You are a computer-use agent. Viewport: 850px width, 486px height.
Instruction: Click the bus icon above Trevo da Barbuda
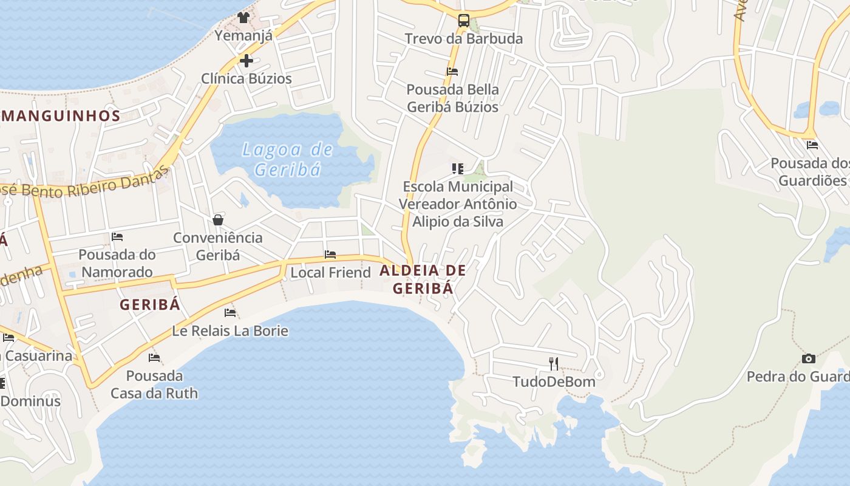click(x=463, y=21)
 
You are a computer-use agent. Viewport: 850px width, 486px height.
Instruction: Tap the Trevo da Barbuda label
click(x=463, y=39)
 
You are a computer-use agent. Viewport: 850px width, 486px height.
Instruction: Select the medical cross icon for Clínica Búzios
click(x=246, y=60)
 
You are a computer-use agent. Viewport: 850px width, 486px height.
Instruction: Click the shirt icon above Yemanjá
click(x=243, y=17)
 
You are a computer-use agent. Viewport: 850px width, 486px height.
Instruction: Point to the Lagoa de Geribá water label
click(x=287, y=159)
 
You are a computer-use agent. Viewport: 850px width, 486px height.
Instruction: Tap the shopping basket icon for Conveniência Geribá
click(x=218, y=219)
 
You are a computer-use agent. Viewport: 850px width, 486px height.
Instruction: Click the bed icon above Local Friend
click(x=330, y=254)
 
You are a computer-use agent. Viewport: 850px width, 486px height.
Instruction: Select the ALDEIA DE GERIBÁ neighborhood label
click(x=423, y=279)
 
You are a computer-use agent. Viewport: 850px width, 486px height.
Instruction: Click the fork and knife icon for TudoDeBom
click(x=554, y=363)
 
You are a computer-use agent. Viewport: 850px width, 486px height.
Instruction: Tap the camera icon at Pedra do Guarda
click(x=808, y=358)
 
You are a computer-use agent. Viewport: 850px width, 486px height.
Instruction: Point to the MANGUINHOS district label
click(x=61, y=115)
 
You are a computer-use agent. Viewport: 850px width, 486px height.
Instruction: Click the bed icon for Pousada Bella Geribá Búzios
click(x=452, y=71)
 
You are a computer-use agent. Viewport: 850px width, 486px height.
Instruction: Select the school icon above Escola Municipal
click(x=458, y=168)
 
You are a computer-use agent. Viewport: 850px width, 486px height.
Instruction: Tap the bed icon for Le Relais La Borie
click(x=230, y=312)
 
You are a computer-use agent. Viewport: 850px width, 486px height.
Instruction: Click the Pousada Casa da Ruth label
click(x=154, y=385)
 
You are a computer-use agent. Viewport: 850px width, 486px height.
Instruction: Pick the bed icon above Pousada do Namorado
click(x=117, y=236)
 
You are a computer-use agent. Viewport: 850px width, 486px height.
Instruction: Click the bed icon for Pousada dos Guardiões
click(x=812, y=145)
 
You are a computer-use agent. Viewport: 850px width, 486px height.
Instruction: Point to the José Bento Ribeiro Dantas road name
click(x=85, y=184)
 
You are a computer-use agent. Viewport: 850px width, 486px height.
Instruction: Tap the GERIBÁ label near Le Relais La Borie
click(x=150, y=304)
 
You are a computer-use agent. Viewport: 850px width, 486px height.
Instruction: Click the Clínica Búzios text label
click(x=246, y=78)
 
